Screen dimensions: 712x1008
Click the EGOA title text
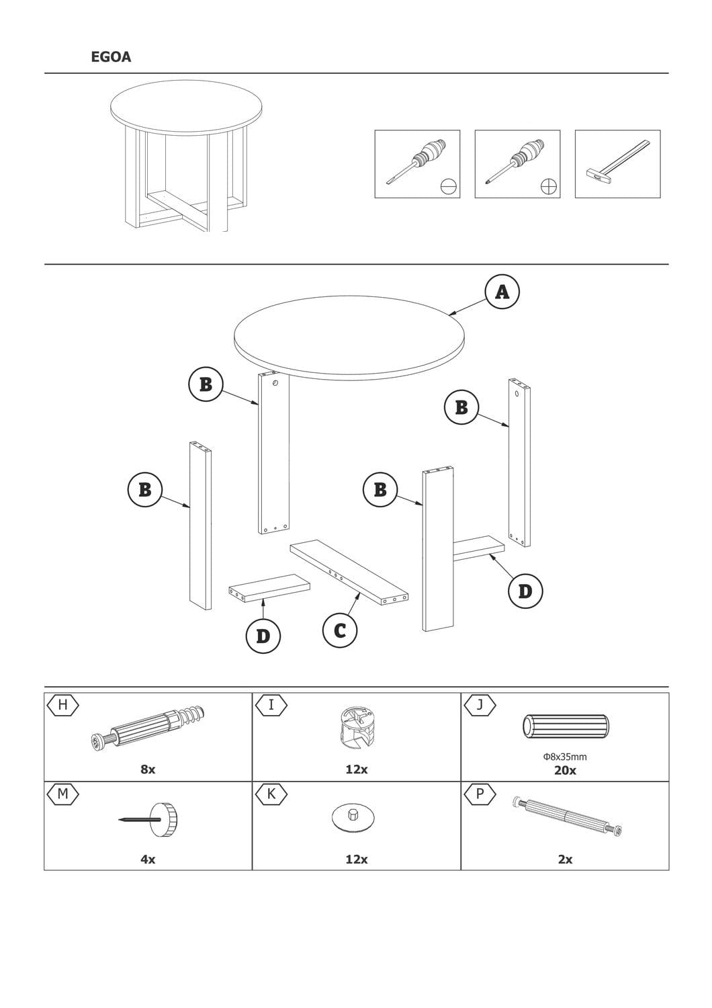pyautogui.click(x=111, y=56)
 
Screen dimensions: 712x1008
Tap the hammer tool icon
pyautogui.click(x=617, y=163)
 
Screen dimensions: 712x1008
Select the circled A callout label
pyautogui.click(x=502, y=292)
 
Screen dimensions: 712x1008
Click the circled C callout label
pyautogui.click(x=340, y=630)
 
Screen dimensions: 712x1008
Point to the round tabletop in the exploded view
pyautogui.click(x=349, y=337)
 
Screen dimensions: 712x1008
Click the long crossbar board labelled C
pyautogui.click(x=349, y=573)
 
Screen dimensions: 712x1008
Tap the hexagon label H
pyautogui.click(x=63, y=705)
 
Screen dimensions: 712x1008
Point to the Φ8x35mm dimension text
pyautogui.click(x=565, y=757)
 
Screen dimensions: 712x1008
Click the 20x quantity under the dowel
pyautogui.click(x=565, y=770)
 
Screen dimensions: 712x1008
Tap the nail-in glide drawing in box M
pyautogui.click(x=148, y=819)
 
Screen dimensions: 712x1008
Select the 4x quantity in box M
pyautogui.click(x=148, y=859)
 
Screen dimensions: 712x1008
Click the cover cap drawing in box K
pyautogui.click(x=353, y=817)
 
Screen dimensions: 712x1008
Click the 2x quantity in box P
pyautogui.click(x=565, y=859)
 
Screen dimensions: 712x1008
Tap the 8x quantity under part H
pyautogui.click(x=148, y=769)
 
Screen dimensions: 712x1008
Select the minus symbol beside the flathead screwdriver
pyautogui.click(x=449, y=185)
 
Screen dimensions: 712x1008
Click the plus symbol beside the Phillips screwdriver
pyautogui.click(x=549, y=185)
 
